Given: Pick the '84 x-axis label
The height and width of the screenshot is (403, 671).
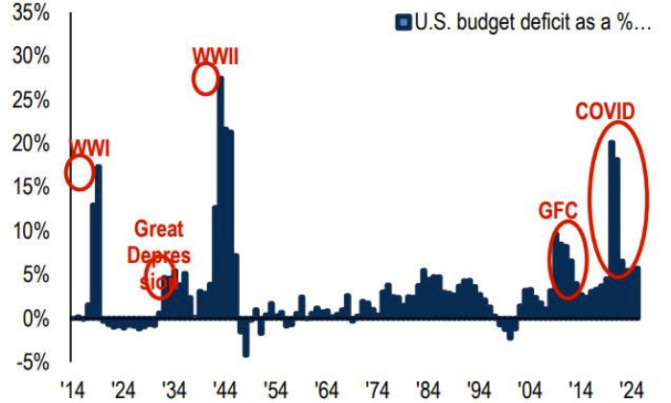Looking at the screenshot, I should [x=428, y=391].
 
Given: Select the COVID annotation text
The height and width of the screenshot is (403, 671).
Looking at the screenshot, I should [x=604, y=112].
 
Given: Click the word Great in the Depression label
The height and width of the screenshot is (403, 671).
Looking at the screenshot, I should [x=158, y=229].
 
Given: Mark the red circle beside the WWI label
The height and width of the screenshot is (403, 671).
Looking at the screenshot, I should [x=80, y=173].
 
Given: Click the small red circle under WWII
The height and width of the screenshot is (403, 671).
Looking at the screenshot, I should [x=206, y=80].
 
